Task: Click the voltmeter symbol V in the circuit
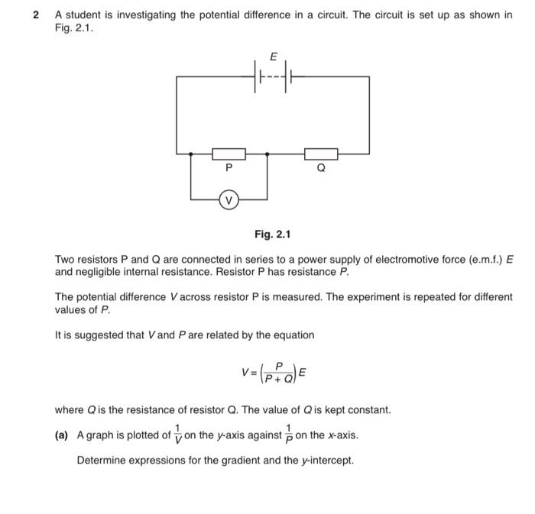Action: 229,201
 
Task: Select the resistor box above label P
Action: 229,154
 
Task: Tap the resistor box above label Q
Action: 320,154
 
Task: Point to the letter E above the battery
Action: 274,55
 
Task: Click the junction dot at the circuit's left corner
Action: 191,154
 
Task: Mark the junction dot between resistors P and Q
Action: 267,154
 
